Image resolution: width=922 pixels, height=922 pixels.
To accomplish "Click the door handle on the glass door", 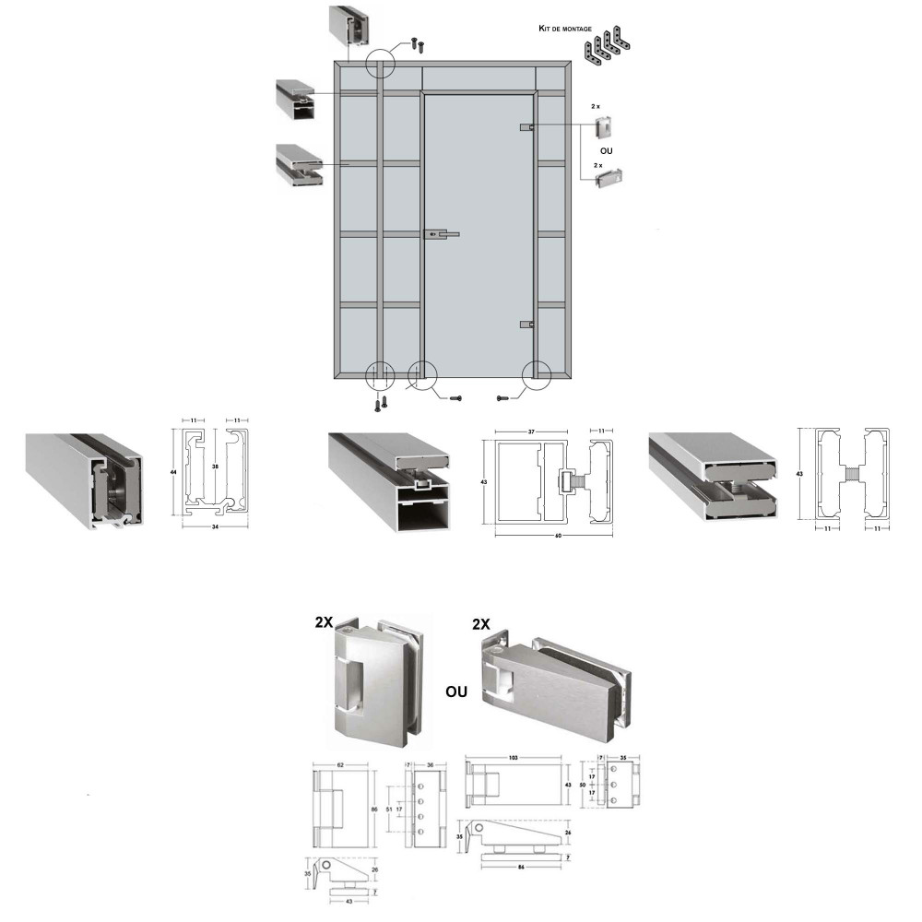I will (440, 236).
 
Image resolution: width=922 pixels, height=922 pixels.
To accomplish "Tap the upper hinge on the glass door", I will (526, 126).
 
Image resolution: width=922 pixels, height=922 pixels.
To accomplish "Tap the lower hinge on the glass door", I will (526, 325).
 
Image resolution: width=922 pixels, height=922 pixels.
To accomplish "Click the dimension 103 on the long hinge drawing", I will (513, 757).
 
